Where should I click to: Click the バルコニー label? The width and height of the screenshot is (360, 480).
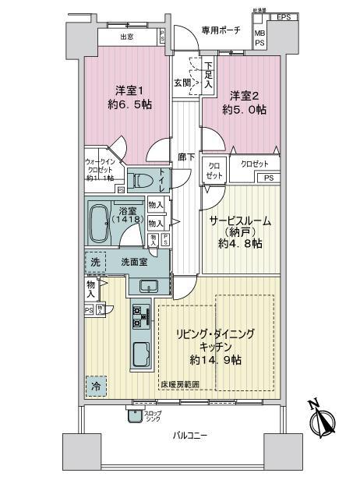click(x=189, y=436)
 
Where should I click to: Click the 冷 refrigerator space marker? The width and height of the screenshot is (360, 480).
click(x=94, y=384)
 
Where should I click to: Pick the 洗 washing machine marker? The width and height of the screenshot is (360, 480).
click(x=95, y=263)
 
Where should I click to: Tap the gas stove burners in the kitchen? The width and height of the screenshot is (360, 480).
click(x=141, y=316)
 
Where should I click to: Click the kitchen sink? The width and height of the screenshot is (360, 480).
click(x=142, y=356)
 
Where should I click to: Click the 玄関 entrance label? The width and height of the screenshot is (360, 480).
click(x=181, y=82)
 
